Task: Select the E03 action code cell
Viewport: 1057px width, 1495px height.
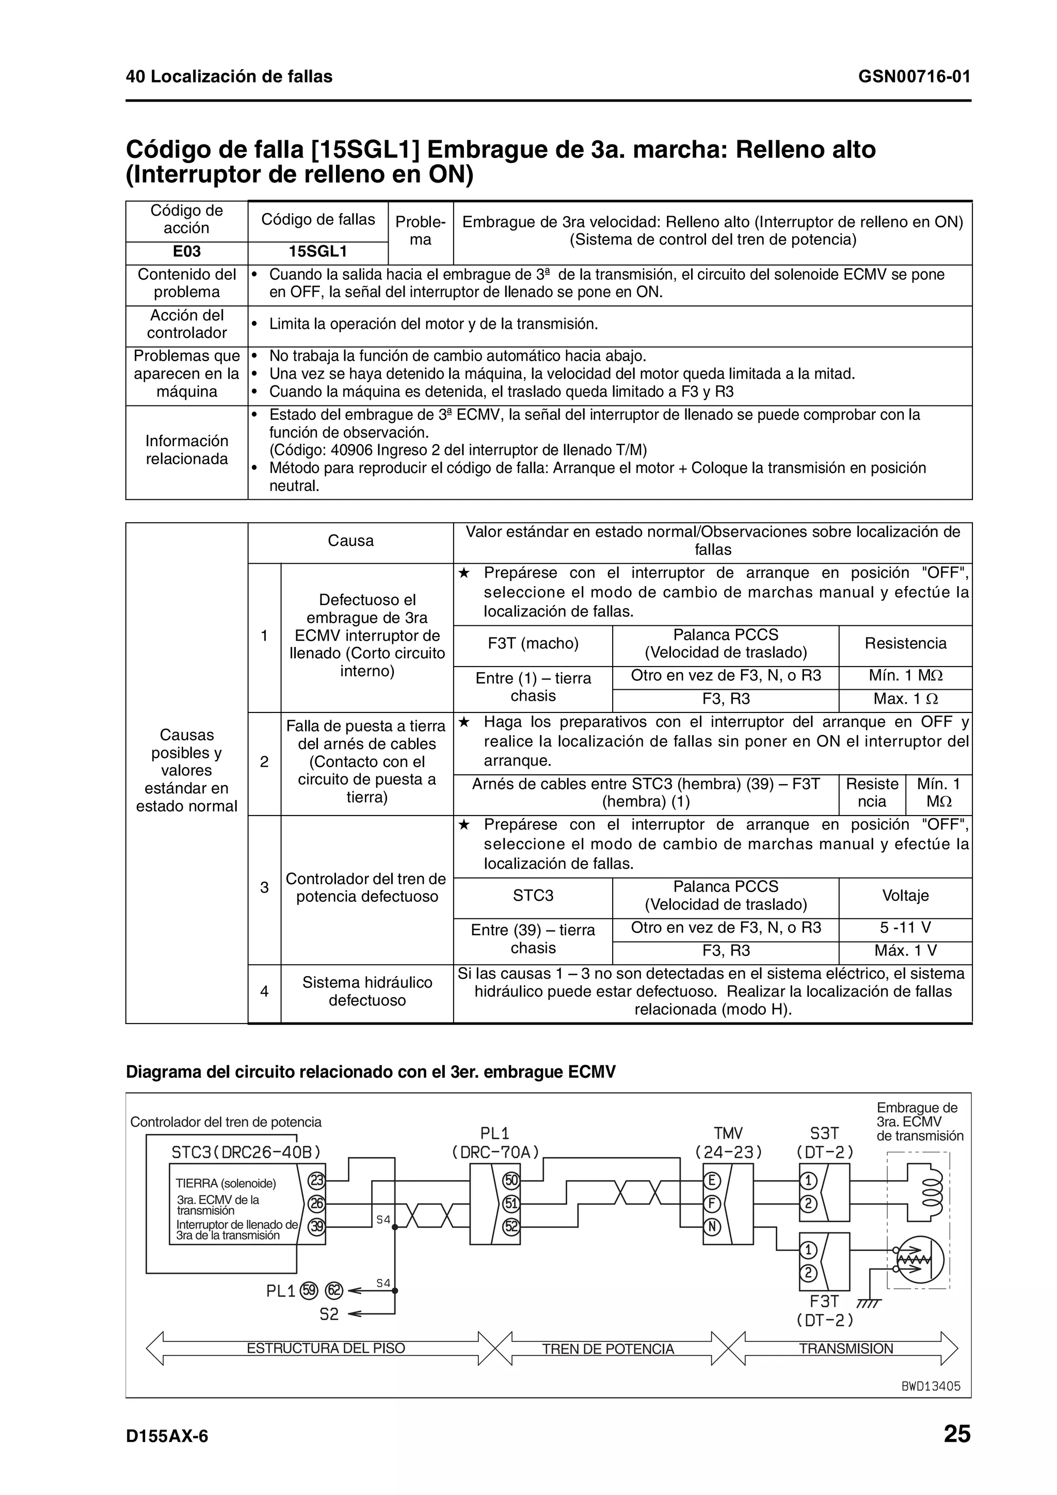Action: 186,252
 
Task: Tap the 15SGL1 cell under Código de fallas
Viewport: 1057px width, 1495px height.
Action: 318,252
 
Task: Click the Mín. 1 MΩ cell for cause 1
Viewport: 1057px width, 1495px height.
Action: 905,676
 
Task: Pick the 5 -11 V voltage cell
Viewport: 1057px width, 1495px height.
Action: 905,928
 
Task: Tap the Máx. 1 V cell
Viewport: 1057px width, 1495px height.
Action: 905,951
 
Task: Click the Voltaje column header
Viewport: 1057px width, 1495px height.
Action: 905,896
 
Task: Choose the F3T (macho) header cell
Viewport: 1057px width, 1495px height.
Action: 533,644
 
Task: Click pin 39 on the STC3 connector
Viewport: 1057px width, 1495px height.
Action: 316,1226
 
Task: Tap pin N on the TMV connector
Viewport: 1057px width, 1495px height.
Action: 712,1227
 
